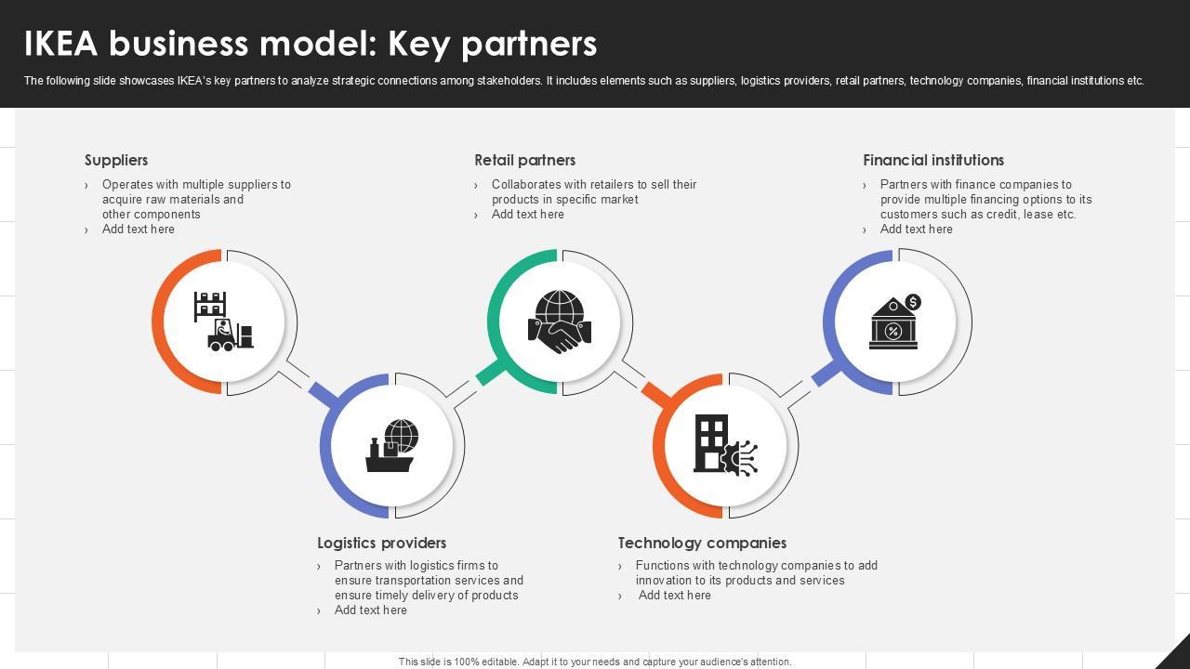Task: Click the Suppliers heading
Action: coord(116,160)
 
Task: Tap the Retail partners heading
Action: coord(524,160)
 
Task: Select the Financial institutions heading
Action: coord(932,160)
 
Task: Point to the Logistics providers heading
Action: coord(381,543)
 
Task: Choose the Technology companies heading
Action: coord(702,543)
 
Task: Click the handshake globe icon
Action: coord(560,321)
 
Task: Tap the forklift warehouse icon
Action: coord(223,321)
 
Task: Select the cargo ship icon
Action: coord(390,454)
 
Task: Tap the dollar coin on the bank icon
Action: coord(913,302)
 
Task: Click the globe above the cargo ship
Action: coord(403,434)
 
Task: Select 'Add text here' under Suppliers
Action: coord(138,229)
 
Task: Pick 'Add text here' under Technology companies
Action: coord(674,595)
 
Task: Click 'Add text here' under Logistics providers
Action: coord(370,610)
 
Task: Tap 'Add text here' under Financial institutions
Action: coord(916,229)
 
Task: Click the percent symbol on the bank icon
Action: coord(892,331)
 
